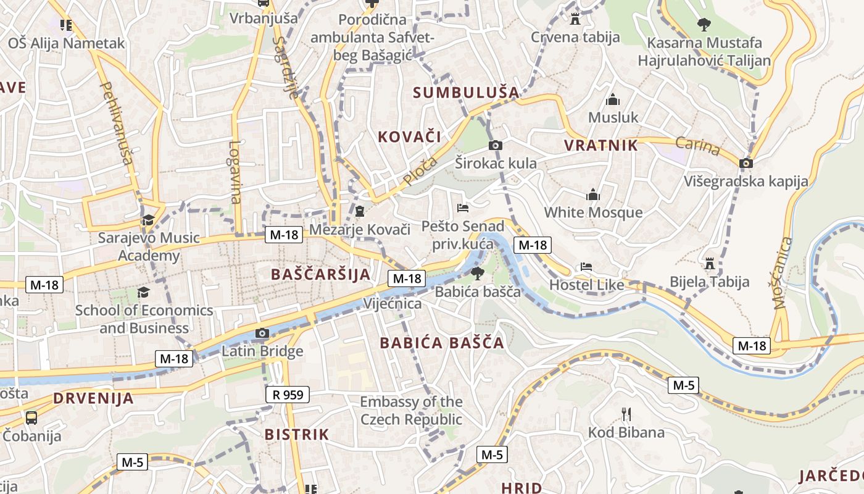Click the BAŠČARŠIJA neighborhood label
(x=321, y=274)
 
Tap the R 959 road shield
(x=288, y=395)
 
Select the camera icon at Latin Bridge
(x=262, y=333)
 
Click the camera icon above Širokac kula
(x=495, y=145)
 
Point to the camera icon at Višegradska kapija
(x=746, y=163)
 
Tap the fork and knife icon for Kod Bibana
(x=626, y=414)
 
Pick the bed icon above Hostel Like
(x=586, y=267)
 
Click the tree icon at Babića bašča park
(x=477, y=273)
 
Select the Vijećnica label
(x=393, y=304)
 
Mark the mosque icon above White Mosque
(x=593, y=195)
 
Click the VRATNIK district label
(x=600, y=146)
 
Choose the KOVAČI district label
(x=409, y=137)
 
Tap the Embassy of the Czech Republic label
(x=411, y=411)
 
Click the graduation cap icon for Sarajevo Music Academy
(x=148, y=220)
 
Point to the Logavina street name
(x=235, y=172)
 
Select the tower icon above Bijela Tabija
(x=710, y=264)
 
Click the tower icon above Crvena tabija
(x=575, y=19)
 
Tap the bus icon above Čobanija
(x=31, y=417)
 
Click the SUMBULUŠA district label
(x=466, y=93)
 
